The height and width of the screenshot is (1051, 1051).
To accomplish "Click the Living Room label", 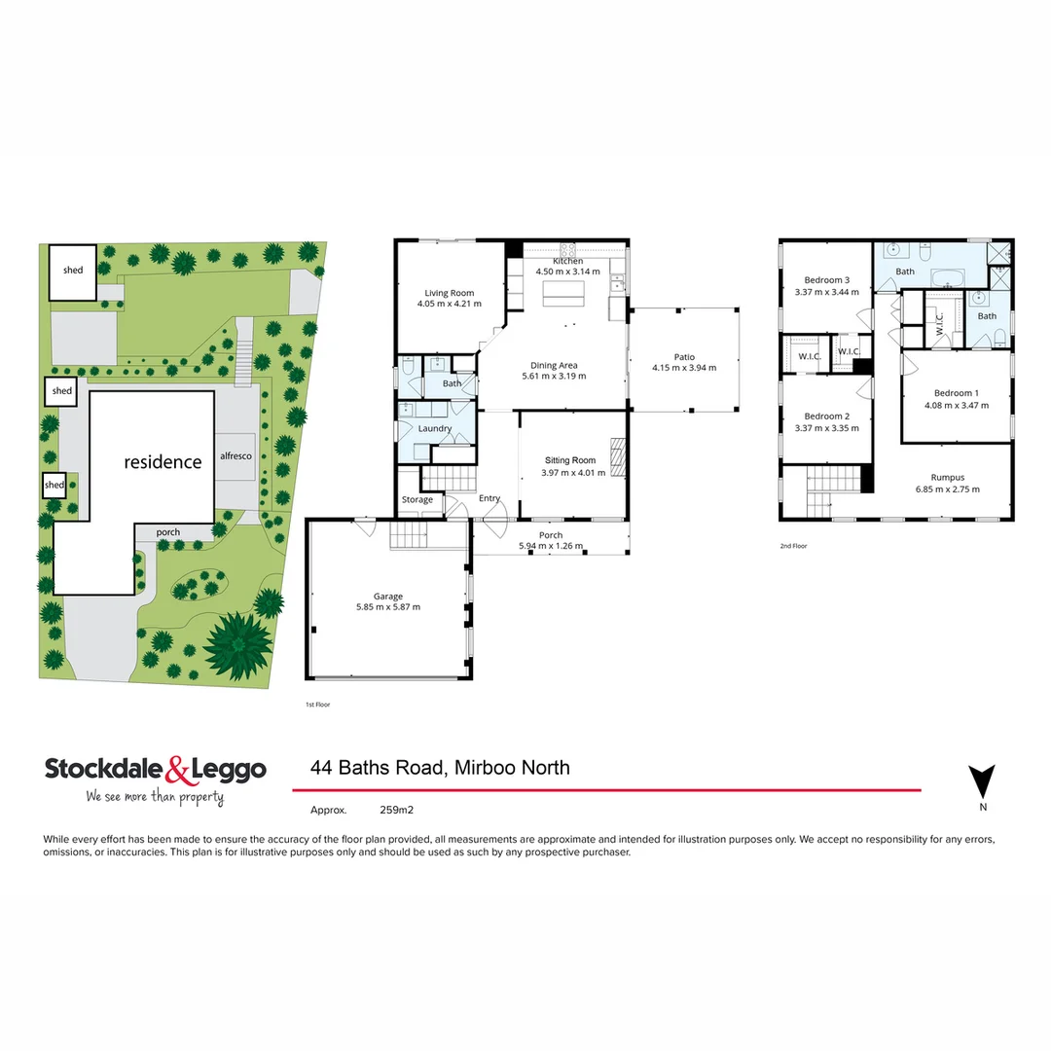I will (450, 293).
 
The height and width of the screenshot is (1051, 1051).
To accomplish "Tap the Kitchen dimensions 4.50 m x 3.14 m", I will (567, 272).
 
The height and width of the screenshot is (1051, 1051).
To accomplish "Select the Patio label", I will (684, 356).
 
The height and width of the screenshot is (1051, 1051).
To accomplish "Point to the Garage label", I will (388, 597).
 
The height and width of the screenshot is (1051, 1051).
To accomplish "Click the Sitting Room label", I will (570, 460).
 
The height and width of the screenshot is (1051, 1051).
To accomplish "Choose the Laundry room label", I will (434, 428).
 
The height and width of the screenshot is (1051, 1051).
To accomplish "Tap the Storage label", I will (417, 500).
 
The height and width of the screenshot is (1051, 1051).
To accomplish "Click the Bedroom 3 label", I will (827, 279).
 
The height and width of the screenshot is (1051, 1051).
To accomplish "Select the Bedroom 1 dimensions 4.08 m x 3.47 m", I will (952, 405).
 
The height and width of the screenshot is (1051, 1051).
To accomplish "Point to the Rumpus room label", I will (947, 478).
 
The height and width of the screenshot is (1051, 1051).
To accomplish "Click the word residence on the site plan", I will (163, 462).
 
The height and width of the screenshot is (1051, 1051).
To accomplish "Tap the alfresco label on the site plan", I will (237, 455).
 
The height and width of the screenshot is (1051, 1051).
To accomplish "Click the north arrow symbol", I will (982, 781).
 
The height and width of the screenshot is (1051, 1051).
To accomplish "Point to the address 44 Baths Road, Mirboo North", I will (440, 768).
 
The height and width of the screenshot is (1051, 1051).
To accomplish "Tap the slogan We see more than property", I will (155, 797).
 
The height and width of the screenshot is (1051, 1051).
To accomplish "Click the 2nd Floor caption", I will (793, 546).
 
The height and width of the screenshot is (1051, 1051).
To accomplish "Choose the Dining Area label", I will (555, 365).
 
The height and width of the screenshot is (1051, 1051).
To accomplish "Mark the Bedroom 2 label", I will (827, 416).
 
